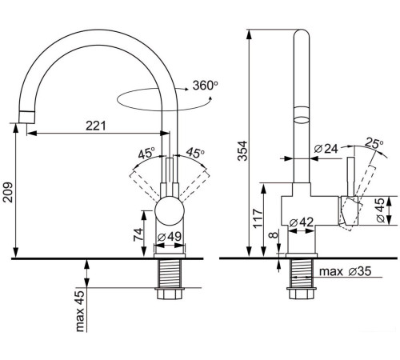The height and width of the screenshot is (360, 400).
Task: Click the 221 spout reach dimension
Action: pyautogui.click(x=96, y=126)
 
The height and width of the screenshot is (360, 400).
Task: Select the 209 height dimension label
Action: pyautogui.click(x=8, y=193)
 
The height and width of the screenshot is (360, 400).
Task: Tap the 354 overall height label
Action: pyautogui.click(x=242, y=151)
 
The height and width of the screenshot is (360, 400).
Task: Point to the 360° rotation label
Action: pyautogui.click(x=205, y=86)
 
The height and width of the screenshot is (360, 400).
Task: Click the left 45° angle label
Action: pyautogui.click(x=146, y=154)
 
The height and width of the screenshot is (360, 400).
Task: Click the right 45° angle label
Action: pyautogui.click(x=195, y=153)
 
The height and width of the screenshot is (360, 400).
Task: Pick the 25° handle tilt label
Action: pyautogui.click(x=374, y=143)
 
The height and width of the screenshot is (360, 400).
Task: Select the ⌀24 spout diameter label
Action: pyautogui.click(x=326, y=149)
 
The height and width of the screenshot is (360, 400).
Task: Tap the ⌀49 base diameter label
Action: pyautogui.click(x=170, y=236)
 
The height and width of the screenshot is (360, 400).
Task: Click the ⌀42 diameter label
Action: pyautogui.click(x=302, y=222)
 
